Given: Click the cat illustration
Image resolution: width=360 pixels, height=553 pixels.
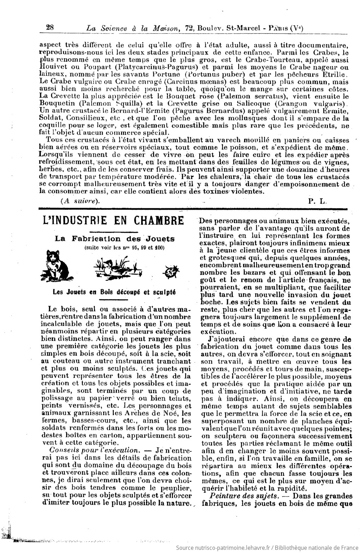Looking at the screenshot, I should tap(57, 263).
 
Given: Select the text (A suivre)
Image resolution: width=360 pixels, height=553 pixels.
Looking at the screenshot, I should tap(80, 201).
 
